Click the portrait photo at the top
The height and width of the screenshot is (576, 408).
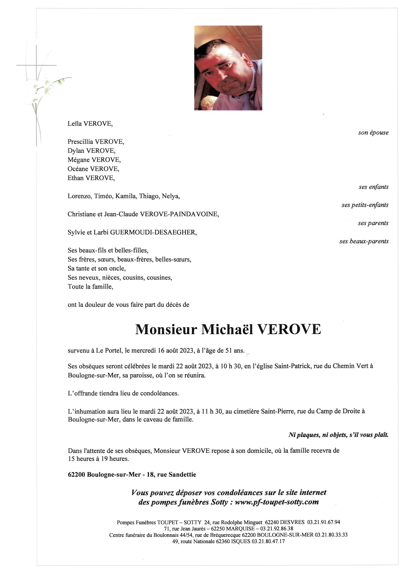pos(228,68)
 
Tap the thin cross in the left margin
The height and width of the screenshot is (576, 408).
pos(36,65)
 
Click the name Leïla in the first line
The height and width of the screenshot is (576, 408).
pos(75,124)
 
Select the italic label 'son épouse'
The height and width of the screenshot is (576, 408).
pos(373,133)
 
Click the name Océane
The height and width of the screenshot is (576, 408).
pos(78,169)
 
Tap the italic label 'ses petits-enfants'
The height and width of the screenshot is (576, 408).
pos(365,205)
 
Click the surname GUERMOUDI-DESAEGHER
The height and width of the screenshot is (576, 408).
pos(153,232)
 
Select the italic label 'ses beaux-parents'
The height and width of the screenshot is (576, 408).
pos(364,241)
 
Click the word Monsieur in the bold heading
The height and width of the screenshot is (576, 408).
pos(166,329)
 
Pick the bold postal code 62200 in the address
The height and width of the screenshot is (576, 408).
pos(76,475)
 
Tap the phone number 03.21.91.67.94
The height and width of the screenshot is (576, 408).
pos(324,522)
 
